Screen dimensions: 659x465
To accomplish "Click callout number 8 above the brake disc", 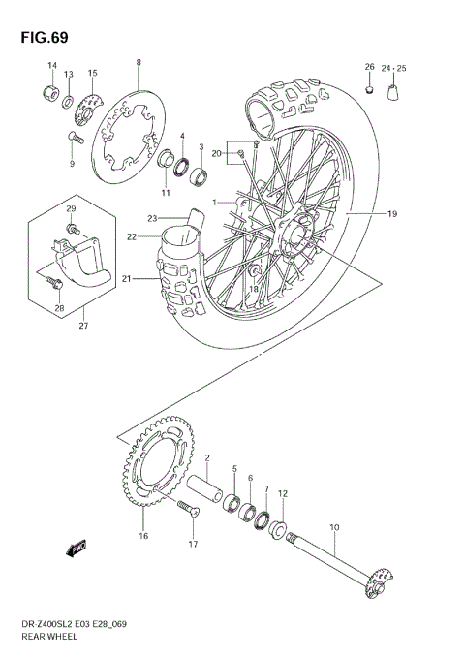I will (x=139, y=63).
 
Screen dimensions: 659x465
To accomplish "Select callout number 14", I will (x=51, y=65).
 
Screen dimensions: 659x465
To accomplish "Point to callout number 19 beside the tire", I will (x=393, y=213).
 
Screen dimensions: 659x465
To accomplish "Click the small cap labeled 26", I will (x=369, y=91).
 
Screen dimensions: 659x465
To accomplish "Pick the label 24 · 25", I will (x=394, y=68).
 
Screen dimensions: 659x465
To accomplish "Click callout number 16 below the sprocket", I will (x=143, y=535).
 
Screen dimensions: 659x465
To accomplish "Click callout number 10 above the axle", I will (x=334, y=528).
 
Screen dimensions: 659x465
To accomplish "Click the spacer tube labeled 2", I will (x=210, y=480).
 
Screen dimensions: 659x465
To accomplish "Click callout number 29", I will (x=71, y=209).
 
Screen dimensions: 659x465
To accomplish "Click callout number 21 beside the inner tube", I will (x=127, y=279).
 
